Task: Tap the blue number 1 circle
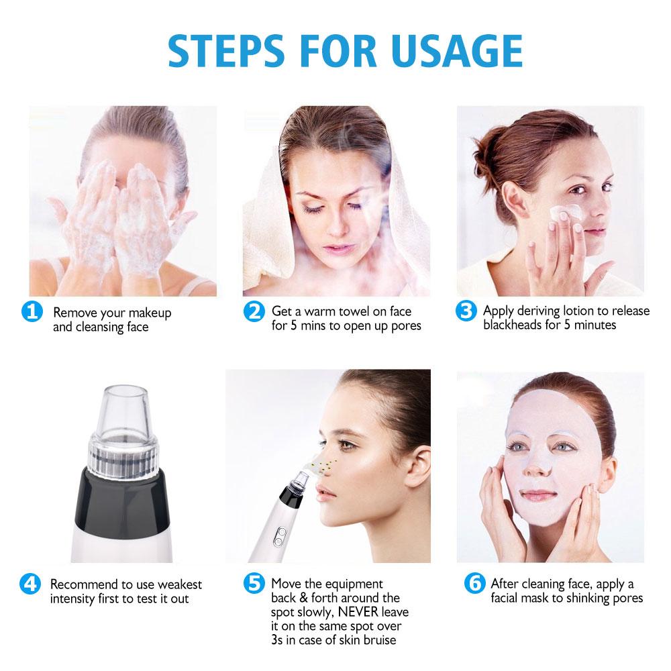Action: pyautogui.click(x=32, y=312)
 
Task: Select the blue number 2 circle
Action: pyautogui.click(x=253, y=311)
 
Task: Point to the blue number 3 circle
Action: pyautogui.click(x=465, y=311)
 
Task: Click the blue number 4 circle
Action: pyautogui.click(x=32, y=584)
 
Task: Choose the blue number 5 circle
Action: pyautogui.click(x=253, y=583)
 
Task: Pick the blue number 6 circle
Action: pyautogui.click(x=474, y=583)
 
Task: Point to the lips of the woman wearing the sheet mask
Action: pyautogui.click(x=539, y=495)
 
